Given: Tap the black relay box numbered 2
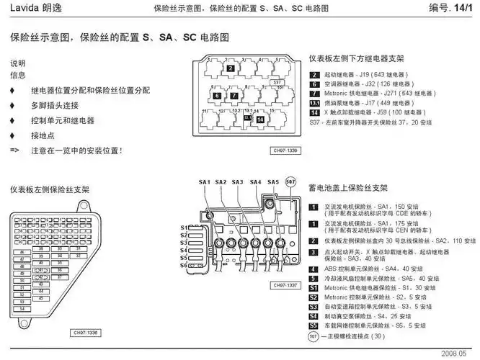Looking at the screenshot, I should pos(230,68).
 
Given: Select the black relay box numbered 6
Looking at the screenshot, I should pos(217,95).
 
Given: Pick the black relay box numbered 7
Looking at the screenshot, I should pos(234,95).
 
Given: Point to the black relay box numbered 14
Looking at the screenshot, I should pos(259,119).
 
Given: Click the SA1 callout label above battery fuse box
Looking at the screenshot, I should pos(204,182).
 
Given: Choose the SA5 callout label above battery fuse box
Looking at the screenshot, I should pos(272,182).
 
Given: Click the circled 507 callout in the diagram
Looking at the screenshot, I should pos(290,181).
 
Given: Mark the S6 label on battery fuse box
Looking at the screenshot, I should pos(184,265).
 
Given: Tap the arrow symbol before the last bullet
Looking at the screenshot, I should pos(14,150).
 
